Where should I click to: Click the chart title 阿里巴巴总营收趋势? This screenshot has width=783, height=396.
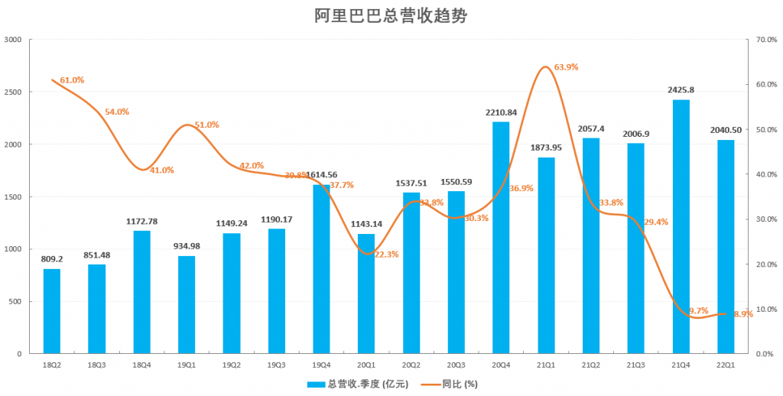click(391, 15)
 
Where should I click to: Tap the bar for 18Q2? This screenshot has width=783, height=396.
click(52, 311)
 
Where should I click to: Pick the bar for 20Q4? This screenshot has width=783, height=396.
click(501, 238)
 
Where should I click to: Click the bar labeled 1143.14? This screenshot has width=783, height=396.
click(366, 294)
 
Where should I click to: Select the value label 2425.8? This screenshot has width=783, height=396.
click(681, 90)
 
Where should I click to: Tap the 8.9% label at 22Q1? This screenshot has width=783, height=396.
click(742, 314)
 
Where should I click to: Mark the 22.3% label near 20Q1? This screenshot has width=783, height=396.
click(386, 255)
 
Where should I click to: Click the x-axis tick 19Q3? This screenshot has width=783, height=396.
click(276, 366)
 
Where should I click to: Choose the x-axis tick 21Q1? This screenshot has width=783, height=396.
click(546, 366)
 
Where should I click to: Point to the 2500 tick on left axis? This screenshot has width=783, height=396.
click(15, 92)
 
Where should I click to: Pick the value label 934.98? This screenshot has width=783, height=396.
click(187, 246)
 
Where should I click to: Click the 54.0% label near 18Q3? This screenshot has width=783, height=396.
click(117, 112)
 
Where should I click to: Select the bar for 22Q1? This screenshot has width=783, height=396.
click(726, 247)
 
